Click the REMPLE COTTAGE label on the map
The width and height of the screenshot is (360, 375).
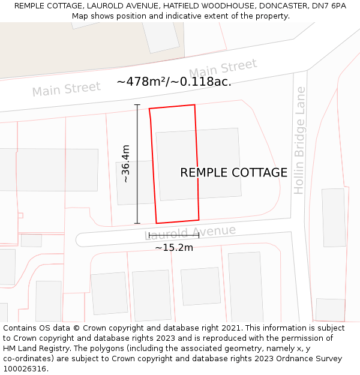[233, 173]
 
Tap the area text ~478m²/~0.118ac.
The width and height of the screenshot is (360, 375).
[174, 82]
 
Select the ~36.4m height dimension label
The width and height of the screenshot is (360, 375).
[125, 164]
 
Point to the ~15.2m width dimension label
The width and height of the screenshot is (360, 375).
[174, 247]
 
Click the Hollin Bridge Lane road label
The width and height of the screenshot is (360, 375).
[300, 140]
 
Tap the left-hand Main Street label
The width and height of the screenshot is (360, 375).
[66, 89]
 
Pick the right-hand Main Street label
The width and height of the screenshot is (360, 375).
[223, 68]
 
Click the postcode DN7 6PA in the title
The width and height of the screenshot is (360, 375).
[329, 6]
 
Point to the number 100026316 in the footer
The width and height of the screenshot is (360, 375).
[25, 369]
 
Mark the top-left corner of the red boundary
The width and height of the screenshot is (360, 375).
[149, 109]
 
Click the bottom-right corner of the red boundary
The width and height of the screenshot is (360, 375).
[199, 219]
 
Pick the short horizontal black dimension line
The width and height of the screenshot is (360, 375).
[173, 236]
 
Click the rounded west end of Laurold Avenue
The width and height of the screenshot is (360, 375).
[80, 239]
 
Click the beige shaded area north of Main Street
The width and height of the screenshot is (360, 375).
[72, 54]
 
